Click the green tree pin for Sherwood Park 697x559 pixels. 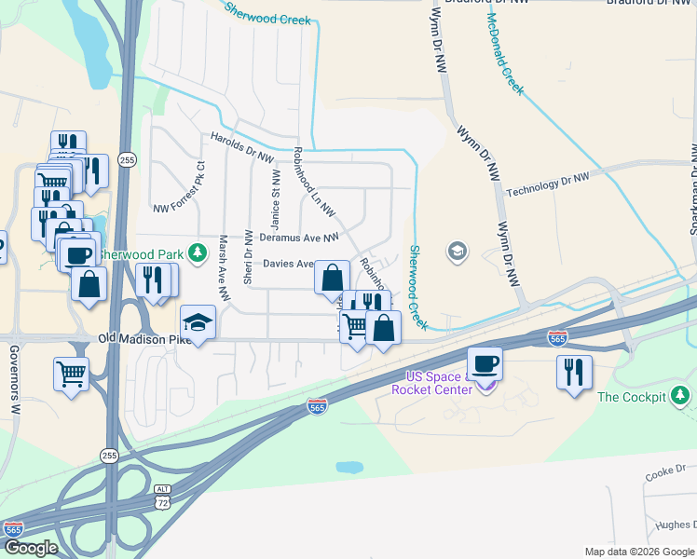pyautogui.click(x=197, y=252)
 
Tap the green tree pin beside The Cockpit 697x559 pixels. pyautogui.click(x=682, y=397)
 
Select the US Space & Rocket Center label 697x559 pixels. pyautogui.click(x=444, y=382)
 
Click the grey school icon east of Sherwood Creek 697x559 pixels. pyautogui.click(x=457, y=251)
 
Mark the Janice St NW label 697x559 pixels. pyautogui.click(x=275, y=200)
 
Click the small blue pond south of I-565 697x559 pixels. pyautogui.click(x=349, y=466)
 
